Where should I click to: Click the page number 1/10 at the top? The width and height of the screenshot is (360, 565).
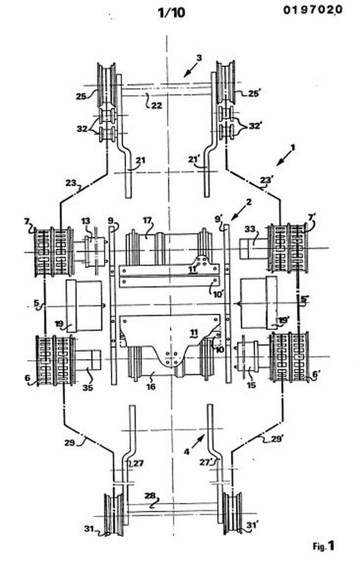172,12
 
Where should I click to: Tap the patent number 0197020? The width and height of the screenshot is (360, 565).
313,10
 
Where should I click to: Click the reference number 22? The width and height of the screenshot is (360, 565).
156,105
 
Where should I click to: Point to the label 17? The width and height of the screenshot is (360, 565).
147,221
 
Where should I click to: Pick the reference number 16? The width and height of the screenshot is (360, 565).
151,387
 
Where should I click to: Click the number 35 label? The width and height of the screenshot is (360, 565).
88,388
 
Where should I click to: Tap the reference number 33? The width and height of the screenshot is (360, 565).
250,229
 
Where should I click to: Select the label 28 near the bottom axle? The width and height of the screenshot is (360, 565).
150,496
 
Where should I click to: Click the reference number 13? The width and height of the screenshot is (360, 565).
85,221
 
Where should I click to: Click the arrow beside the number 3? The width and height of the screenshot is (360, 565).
191,70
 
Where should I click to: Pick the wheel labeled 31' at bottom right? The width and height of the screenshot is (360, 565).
232,513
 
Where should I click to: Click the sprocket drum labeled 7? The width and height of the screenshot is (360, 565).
54,252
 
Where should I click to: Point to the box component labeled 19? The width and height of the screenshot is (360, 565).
83,306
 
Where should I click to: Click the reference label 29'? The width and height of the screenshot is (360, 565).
276,439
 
